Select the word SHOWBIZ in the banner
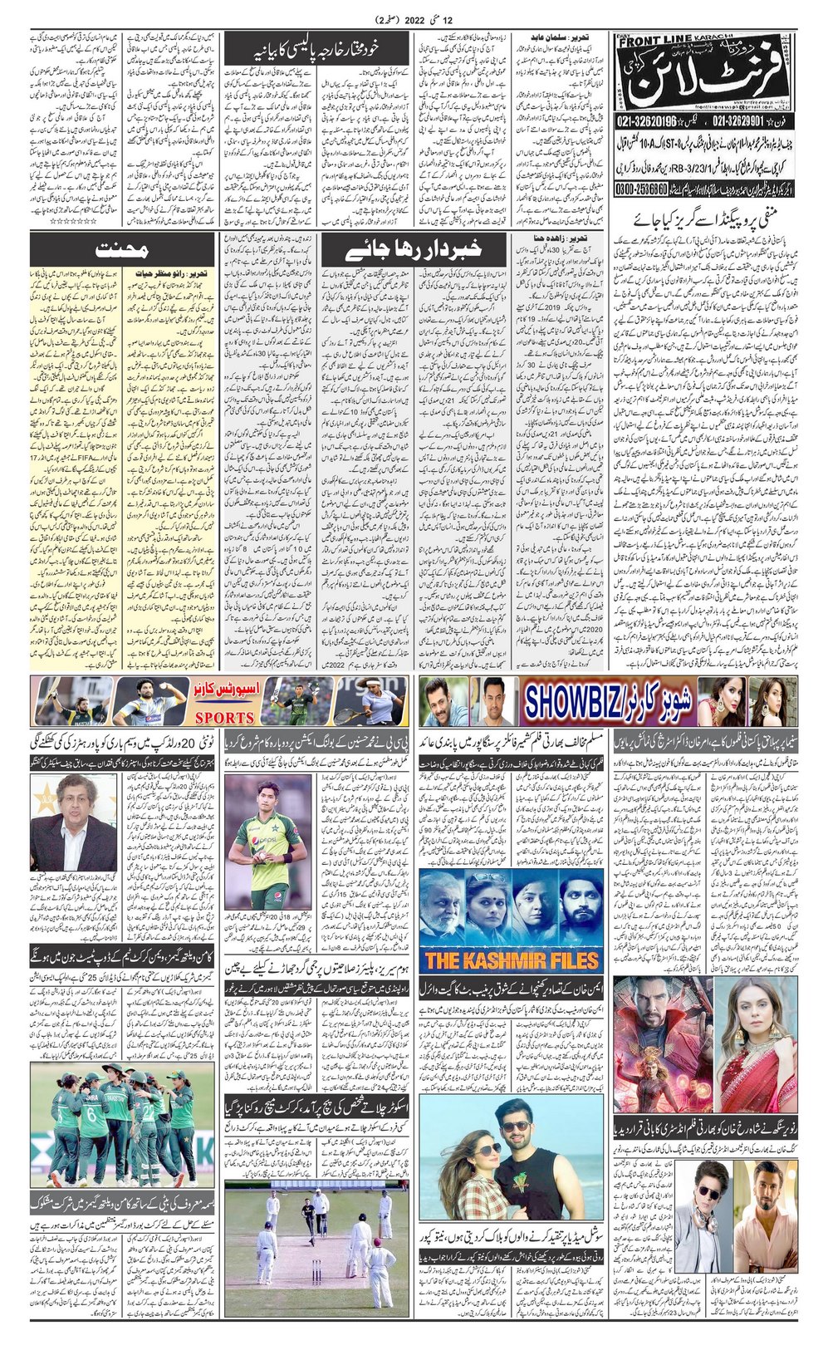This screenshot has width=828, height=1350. pos(586,702)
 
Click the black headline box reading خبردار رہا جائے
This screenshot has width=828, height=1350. pos(413,250)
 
